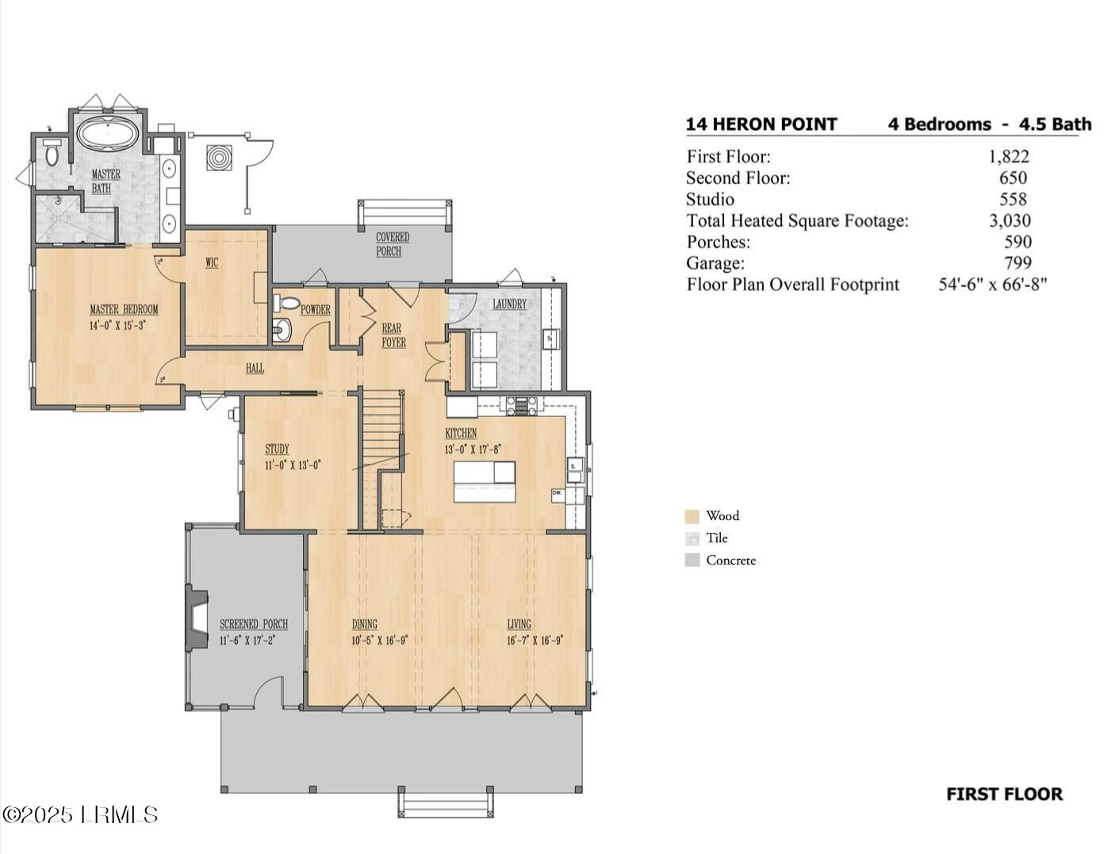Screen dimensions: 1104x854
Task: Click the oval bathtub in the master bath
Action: click(108, 134)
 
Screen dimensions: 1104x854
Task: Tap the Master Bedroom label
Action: click(124, 309)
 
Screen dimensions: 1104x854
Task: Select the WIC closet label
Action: click(212, 262)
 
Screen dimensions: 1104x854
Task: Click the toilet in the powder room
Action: click(286, 303)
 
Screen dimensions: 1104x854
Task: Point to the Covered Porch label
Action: click(393, 244)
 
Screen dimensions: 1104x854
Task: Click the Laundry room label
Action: click(510, 304)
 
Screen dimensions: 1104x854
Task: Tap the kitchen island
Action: click(484, 481)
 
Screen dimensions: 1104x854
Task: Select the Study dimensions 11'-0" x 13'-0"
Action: click(293, 465)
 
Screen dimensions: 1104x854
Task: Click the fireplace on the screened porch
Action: click(196, 618)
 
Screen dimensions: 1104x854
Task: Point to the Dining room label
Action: click(365, 624)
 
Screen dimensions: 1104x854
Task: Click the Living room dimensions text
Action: click(535, 640)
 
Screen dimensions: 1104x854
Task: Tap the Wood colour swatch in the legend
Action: click(692, 516)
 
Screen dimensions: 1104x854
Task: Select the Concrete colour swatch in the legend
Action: click(692, 560)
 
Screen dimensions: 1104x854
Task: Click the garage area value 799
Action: click(1018, 262)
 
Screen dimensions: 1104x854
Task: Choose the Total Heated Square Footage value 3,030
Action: click(1010, 220)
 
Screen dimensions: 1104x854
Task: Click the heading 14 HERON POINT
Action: click(761, 124)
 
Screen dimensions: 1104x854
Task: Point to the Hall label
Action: click(255, 368)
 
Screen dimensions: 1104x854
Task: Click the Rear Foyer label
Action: click(393, 335)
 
